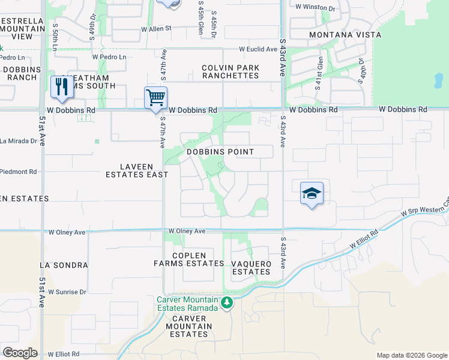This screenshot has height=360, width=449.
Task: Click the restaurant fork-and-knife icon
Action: [x=61, y=87]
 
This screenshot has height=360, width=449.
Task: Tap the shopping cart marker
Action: [x=155, y=97]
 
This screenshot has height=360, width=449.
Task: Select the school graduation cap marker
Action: [x=312, y=194]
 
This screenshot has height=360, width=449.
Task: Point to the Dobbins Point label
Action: [x=220, y=152]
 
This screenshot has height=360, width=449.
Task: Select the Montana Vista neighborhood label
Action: [x=345, y=35]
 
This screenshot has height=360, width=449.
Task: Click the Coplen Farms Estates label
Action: [x=188, y=259]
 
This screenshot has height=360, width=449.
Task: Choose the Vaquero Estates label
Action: [x=252, y=268]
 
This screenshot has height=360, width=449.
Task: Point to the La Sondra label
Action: [x=64, y=265]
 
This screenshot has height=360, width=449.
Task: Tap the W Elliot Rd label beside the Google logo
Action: [x=63, y=354]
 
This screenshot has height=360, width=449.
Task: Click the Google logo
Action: [x=20, y=353]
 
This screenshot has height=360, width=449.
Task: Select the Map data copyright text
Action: [x=411, y=355]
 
